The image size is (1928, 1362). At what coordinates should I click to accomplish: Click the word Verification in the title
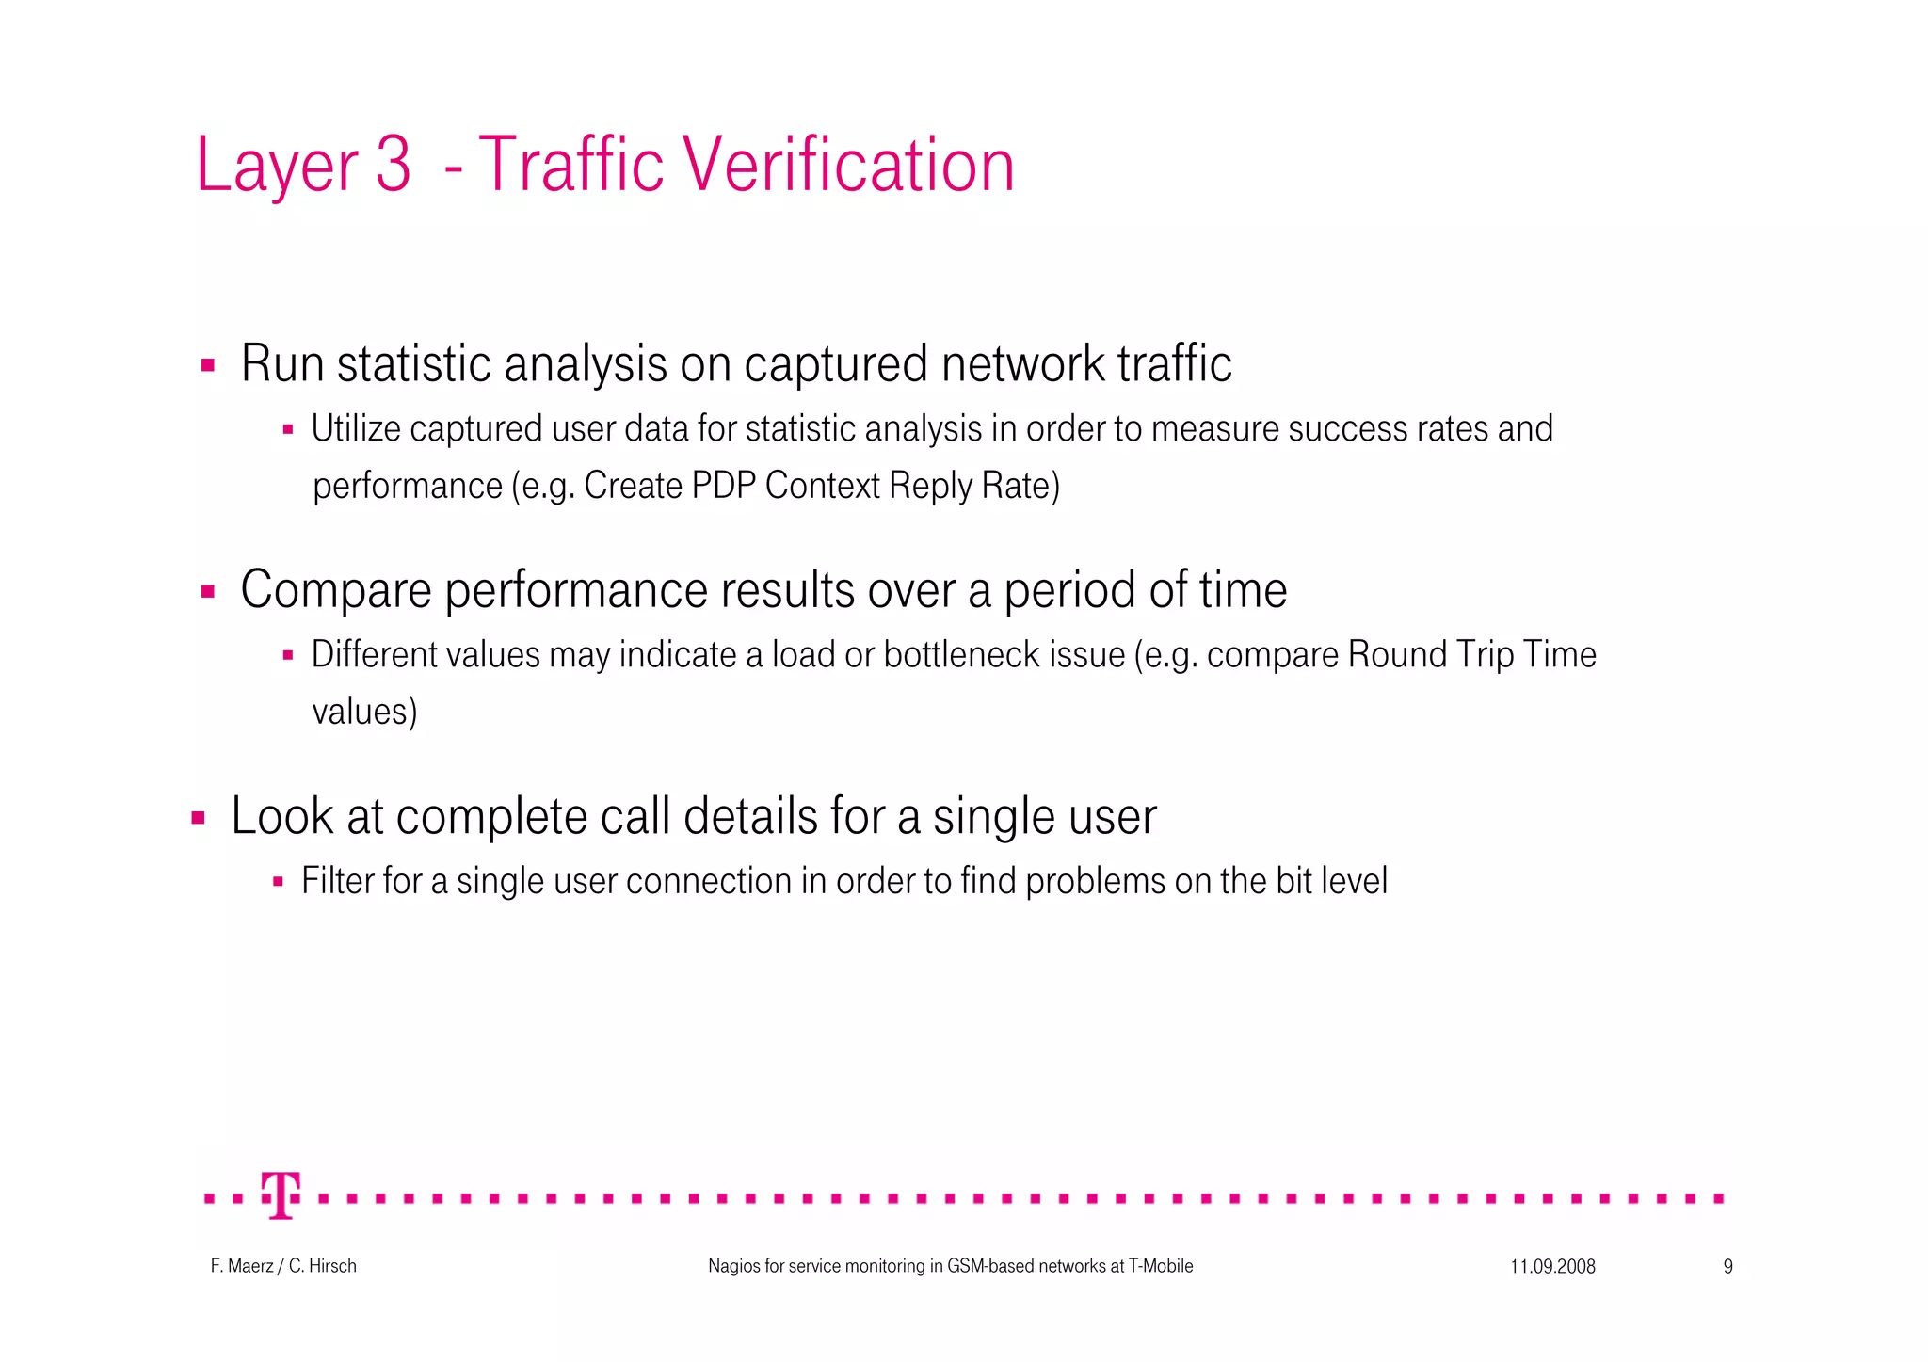[x=847, y=166]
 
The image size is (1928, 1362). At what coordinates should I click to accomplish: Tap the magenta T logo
[x=281, y=1195]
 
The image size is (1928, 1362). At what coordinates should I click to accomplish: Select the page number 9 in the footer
[x=1727, y=1267]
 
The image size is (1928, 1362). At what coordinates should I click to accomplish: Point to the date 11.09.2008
[x=1552, y=1267]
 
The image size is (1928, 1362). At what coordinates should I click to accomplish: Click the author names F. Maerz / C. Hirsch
[x=283, y=1267]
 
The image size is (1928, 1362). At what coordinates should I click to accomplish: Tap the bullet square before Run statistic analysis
[x=208, y=365]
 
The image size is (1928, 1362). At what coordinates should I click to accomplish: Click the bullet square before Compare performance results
[x=208, y=592]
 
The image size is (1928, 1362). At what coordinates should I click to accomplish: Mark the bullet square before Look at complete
[x=198, y=818]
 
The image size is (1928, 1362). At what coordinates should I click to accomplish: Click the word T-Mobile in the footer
[x=1161, y=1267]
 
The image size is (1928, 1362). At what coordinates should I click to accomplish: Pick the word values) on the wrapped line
[x=364, y=712]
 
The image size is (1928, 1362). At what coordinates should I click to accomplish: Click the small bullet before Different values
[x=288, y=655]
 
